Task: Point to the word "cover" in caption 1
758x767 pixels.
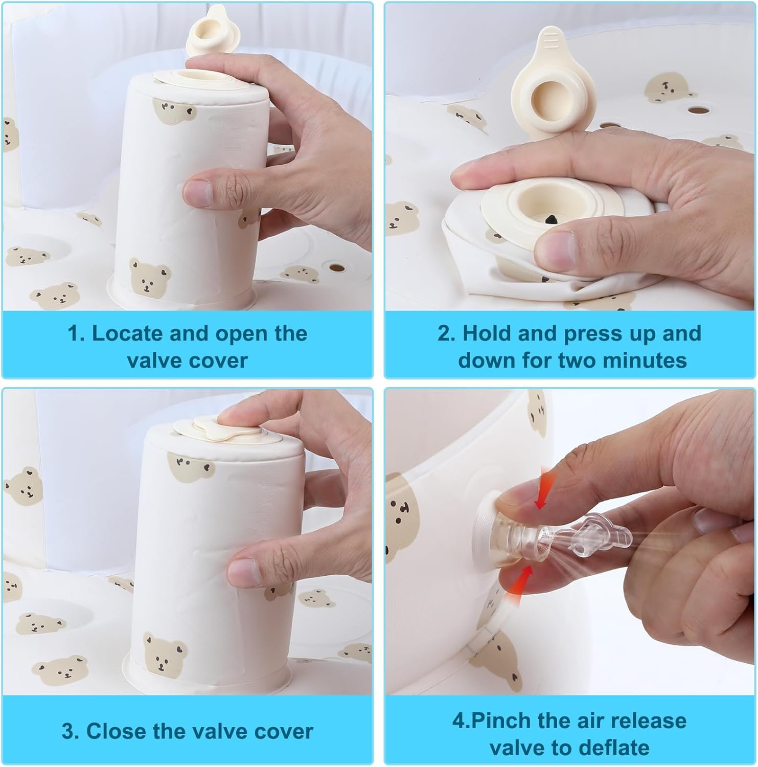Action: click(218, 360)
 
